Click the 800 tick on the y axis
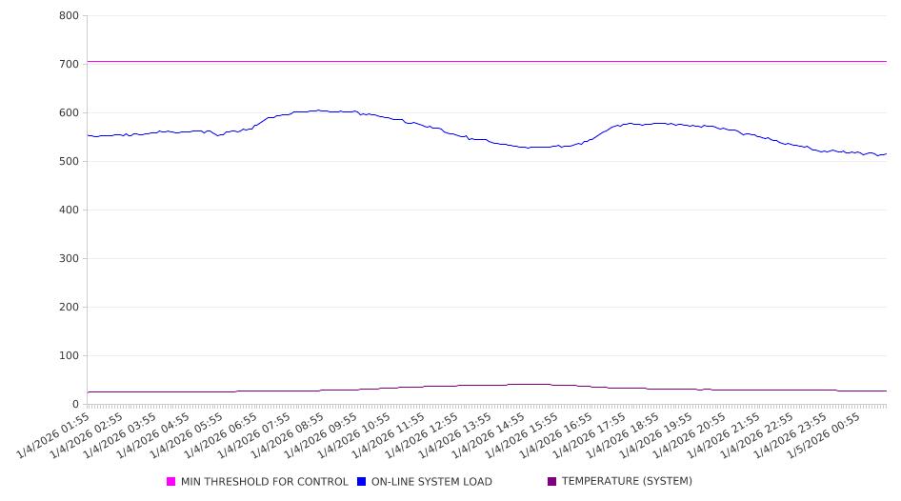click(x=69, y=15)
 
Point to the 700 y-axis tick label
click(x=69, y=64)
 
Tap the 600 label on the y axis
click(x=69, y=112)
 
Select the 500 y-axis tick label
click(x=69, y=161)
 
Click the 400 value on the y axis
click(x=69, y=210)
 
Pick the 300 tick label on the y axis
click(x=69, y=258)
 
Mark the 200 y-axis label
click(x=69, y=307)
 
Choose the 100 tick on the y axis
click(x=69, y=355)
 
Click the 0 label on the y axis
click(x=75, y=404)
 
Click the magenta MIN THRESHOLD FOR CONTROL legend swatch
click(x=171, y=482)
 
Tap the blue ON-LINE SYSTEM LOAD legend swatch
click(x=362, y=482)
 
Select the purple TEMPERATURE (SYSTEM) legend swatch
click(x=552, y=482)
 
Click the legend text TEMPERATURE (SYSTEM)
click(x=627, y=482)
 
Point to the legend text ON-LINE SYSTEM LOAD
click(x=431, y=482)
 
